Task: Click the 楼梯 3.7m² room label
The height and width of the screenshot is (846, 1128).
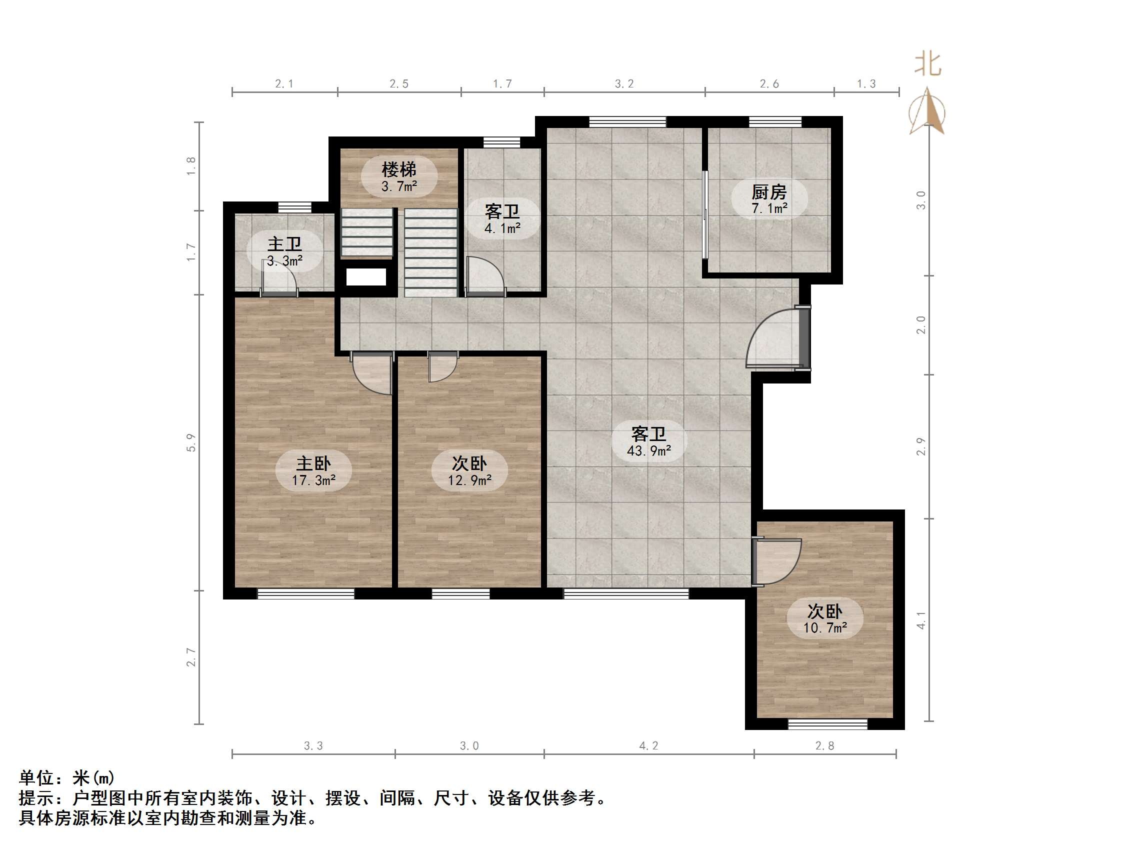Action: point(399,176)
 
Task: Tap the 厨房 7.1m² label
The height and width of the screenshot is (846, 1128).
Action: point(769,199)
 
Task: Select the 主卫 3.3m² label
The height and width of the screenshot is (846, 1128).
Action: point(284,251)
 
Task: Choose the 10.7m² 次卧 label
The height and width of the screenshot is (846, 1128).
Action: point(824,618)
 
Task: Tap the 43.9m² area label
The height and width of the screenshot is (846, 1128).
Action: point(648,441)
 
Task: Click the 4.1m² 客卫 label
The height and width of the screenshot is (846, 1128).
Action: point(502,219)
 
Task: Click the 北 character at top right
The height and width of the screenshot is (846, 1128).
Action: point(927,65)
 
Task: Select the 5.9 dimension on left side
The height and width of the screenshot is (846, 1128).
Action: point(190,442)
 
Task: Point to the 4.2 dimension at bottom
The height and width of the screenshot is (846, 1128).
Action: point(648,745)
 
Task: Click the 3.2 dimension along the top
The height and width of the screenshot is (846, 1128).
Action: point(623,83)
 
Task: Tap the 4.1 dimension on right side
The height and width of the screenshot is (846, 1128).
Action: point(920,620)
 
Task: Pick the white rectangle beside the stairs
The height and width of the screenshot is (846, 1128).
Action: point(366,277)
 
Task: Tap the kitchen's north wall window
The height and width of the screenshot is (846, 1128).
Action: point(774,122)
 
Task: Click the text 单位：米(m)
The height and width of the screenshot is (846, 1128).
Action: point(67,777)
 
